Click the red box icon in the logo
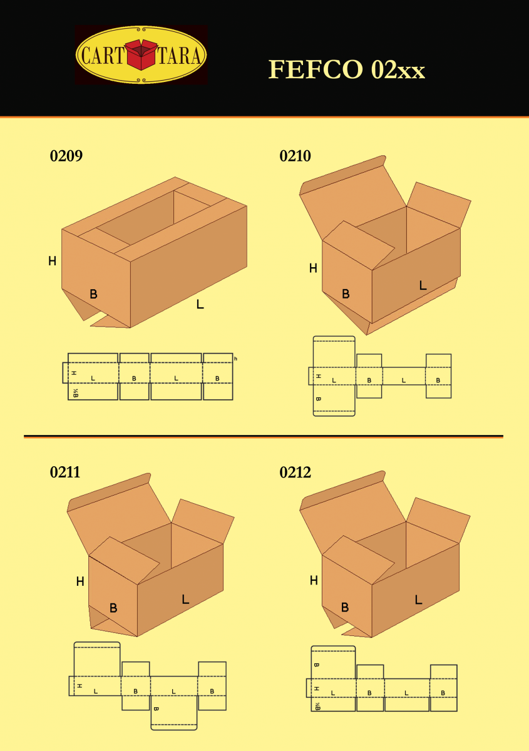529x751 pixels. click(x=141, y=54)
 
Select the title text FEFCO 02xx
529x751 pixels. click(x=347, y=69)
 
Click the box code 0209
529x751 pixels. click(x=66, y=156)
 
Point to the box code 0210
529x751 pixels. click(x=295, y=156)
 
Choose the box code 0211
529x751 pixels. click(x=65, y=473)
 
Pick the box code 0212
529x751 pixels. click(x=295, y=473)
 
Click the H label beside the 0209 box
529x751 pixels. click(x=52, y=261)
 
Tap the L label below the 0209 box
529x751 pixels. click(x=200, y=305)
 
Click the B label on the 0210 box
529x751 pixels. click(x=346, y=294)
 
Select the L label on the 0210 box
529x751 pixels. click(x=423, y=285)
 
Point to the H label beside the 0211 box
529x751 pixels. click(x=80, y=581)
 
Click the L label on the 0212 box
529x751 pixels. click(x=418, y=600)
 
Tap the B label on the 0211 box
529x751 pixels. click(x=113, y=607)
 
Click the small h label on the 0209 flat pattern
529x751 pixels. click(x=235, y=359)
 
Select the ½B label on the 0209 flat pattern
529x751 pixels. click(x=75, y=393)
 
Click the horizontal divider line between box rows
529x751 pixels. click(x=263, y=436)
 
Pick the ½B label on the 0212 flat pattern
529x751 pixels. click(x=317, y=706)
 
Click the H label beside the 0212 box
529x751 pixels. click(x=314, y=581)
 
